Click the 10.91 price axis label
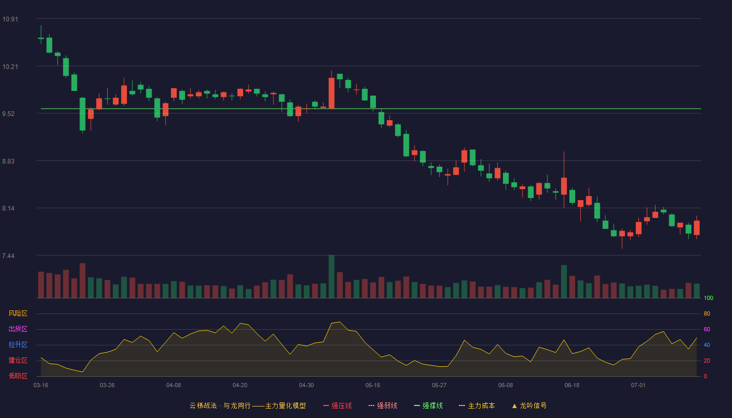[10, 19]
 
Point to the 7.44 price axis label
[8, 256]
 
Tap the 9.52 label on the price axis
[8, 114]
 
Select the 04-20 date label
[240, 386]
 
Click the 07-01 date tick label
[638, 386]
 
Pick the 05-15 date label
[373, 386]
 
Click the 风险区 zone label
[18, 313]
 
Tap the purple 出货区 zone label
[18, 329]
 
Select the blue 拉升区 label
[18, 344]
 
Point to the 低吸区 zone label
[18, 376]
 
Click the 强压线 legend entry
[337, 405]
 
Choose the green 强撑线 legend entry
[428, 405]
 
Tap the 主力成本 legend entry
[477, 405]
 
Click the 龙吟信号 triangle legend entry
[529, 405]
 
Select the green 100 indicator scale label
[708, 298]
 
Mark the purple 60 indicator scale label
[707, 329]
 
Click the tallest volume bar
[331, 276]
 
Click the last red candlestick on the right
[696, 228]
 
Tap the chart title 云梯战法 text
[203, 405]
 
